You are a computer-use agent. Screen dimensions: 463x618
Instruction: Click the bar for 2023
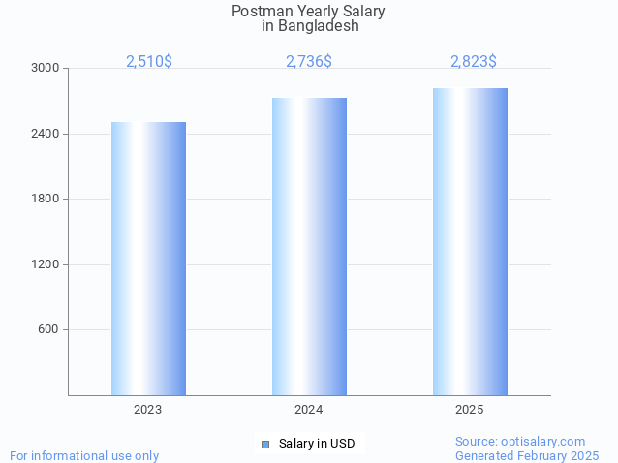148,259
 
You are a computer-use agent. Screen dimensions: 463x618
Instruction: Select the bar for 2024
309,246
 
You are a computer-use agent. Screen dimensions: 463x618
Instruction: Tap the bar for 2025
470,241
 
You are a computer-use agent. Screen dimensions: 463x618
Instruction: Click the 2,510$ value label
149,61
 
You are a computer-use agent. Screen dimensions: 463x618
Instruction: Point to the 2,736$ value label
309,61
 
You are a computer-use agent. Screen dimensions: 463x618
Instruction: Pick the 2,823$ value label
474,61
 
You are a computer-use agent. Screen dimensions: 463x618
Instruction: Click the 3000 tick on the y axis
46,69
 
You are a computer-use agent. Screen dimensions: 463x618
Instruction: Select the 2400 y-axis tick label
46,134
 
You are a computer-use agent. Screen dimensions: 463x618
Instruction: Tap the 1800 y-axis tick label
46,200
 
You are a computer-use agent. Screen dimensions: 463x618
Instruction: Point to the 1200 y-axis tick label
46,264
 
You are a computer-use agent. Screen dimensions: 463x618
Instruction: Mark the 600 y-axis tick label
48,330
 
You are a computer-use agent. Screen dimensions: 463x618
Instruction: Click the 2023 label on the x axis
148,411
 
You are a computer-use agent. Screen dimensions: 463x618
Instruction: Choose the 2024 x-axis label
309,411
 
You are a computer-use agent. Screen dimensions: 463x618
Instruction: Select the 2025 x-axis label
470,411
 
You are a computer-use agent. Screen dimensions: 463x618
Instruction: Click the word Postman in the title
259,12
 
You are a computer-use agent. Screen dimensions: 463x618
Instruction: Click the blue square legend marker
265,444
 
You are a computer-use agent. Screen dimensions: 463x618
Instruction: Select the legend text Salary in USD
317,444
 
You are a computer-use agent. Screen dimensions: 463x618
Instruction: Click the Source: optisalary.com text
520,442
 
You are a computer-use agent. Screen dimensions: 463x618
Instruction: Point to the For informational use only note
84,455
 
